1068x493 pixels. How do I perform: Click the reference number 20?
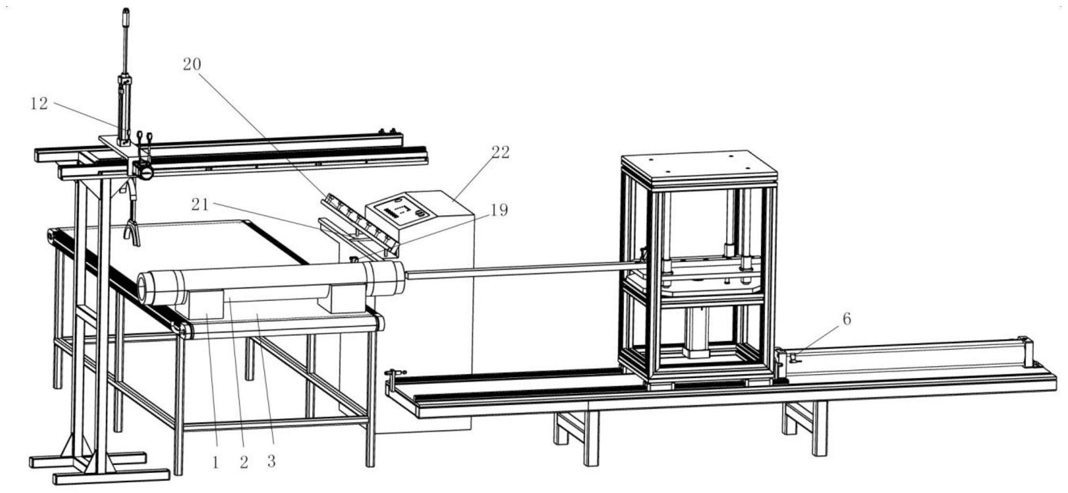pos(192,64)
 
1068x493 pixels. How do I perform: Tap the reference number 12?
pos(39,104)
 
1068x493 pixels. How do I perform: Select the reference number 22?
pos(500,152)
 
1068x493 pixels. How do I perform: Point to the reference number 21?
pos(200,204)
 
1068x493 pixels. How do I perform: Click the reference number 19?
pos(499,210)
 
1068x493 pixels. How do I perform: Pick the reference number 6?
pos(846,319)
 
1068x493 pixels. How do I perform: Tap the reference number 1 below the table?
pos(215,463)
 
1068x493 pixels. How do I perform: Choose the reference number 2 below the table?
pos(243,463)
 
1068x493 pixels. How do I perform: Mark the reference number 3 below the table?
pos(271,461)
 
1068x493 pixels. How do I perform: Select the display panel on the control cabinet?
pos(401,210)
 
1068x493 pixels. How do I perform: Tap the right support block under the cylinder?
pos(344,300)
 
